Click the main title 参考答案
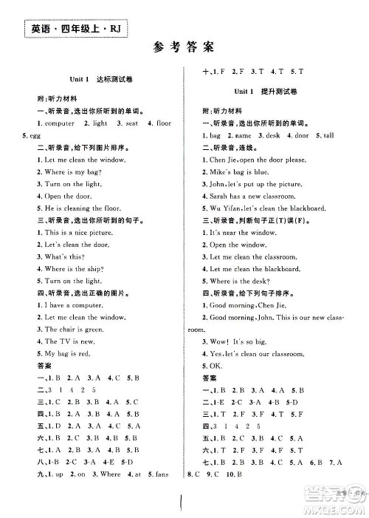click(184, 49)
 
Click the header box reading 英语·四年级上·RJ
click(71, 29)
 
